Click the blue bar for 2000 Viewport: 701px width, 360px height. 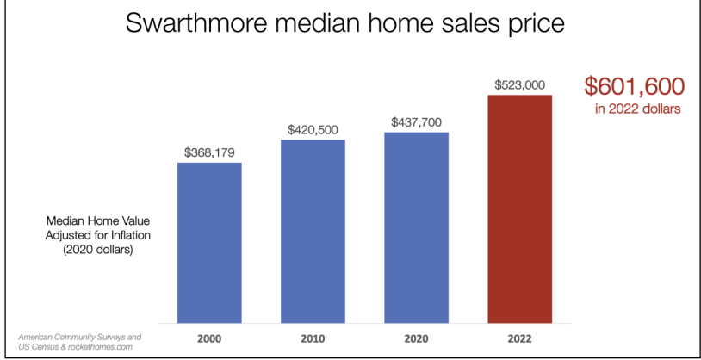(x=209, y=241)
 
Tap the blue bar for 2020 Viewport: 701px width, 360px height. (x=416, y=226)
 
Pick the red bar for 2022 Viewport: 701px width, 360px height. (x=519, y=207)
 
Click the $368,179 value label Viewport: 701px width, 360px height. (x=209, y=152)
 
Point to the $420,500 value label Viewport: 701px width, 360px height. (x=313, y=129)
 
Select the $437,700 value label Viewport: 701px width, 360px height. (x=416, y=121)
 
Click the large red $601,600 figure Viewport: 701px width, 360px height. (x=634, y=86)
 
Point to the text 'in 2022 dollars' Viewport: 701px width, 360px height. (x=635, y=109)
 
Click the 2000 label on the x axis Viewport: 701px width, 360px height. (x=209, y=338)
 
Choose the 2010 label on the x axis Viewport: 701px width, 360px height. (x=313, y=338)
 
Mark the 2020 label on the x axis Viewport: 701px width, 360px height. (x=416, y=338)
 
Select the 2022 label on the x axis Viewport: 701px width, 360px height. (x=519, y=338)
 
